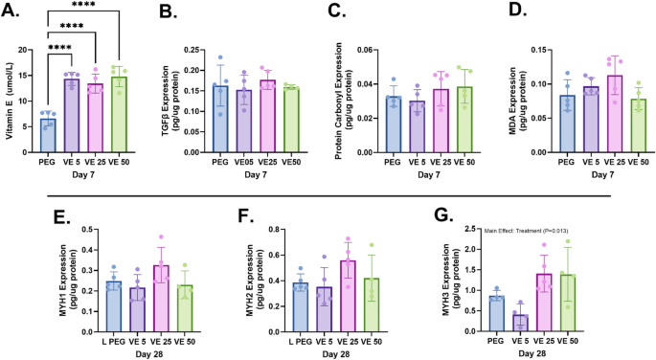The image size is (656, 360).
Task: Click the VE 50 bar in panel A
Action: [x=119, y=116]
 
